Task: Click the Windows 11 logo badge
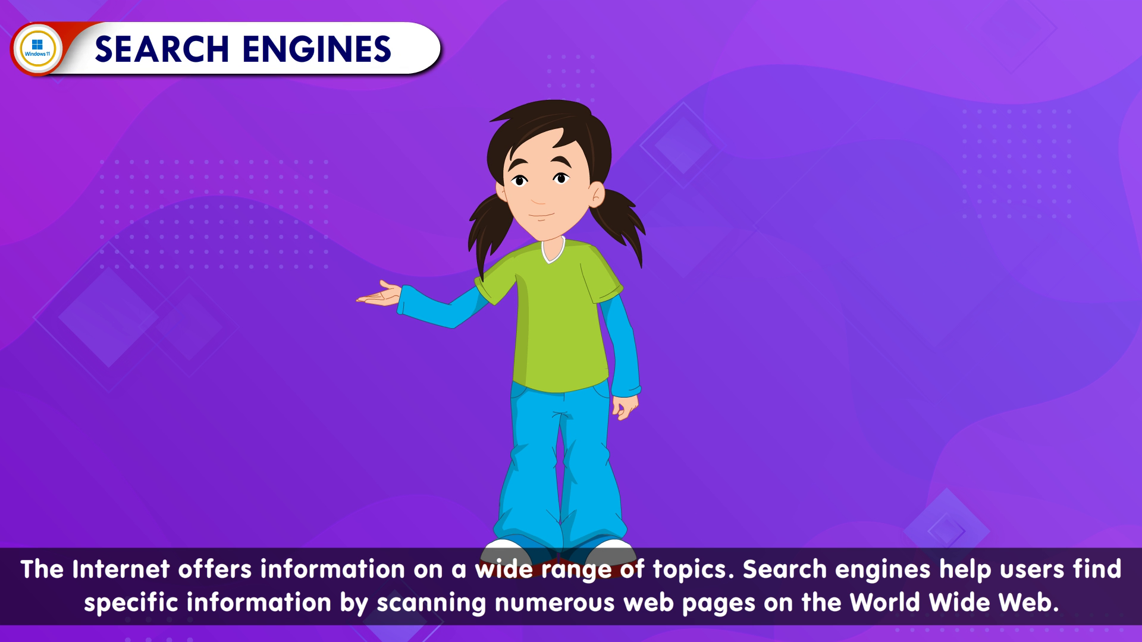37,49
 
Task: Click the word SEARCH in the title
162,49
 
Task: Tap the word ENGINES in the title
317,49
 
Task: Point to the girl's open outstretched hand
379,294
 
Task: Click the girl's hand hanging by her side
625,407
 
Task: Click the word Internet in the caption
121,569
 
